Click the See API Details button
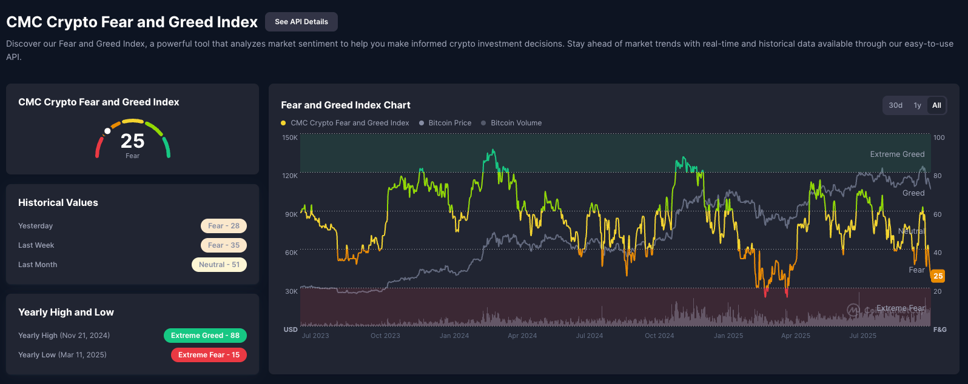pyautogui.click(x=301, y=22)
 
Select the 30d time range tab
pyautogui.click(x=895, y=105)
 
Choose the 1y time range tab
pyautogui.click(x=917, y=105)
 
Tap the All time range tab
pyautogui.click(x=936, y=105)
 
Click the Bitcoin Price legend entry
pyautogui.click(x=449, y=123)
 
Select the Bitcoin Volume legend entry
pyautogui.click(x=516, y=123)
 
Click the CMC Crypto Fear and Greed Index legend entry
pyautogui.click(x=349, y=123)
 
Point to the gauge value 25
pyautogui.click(x=132, y=141)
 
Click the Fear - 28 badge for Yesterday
pyautogui.click(x=223, y=226)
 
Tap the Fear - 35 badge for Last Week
pyautogui.click(x=223, y=245)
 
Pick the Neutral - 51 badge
pyautogui.click(x=219, y=265)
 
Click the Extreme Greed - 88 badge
pyautogui.click(x=205, y=336)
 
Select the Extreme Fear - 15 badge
pyautogui.click(x=209, y=355)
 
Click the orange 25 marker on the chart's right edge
pyautogui.click(x=938, y=276)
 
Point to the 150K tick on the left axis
pyautogui.click(x=290, y=138)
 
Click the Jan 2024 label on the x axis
pyautogui.click(x=454, y=336)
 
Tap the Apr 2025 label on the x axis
pyautogui.click(x=795, y=336)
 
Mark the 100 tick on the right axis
pyautogui.click(x=939, y=138)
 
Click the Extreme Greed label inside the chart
pyautogui.click(x=897, y=154)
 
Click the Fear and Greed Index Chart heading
pyautogui.click(x=346, y=105)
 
